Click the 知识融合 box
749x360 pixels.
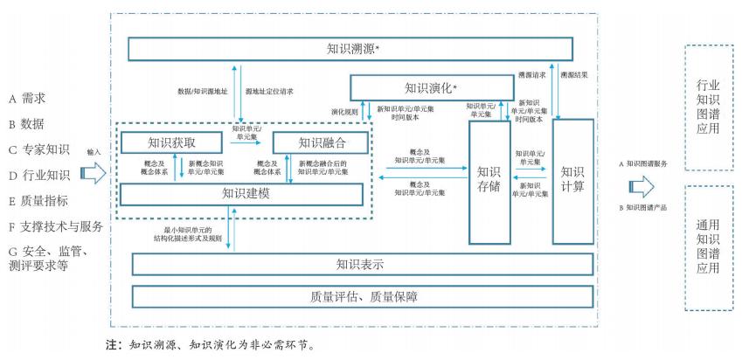pyautogui.click(x=322, y=142)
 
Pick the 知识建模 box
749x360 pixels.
pyautogui.click(x=240, y=193)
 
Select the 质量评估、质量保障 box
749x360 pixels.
pyautogui.click(x=360, y=297)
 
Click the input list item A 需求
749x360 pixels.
pyautogui.click(x=27, y=97)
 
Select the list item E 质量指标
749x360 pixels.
pyautogui.click(x=38, y=201)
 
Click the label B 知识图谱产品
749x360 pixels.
pyautogui.click(x=646, y=207)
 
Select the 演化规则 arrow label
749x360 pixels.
pyautogui.click(x=345, y=112)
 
